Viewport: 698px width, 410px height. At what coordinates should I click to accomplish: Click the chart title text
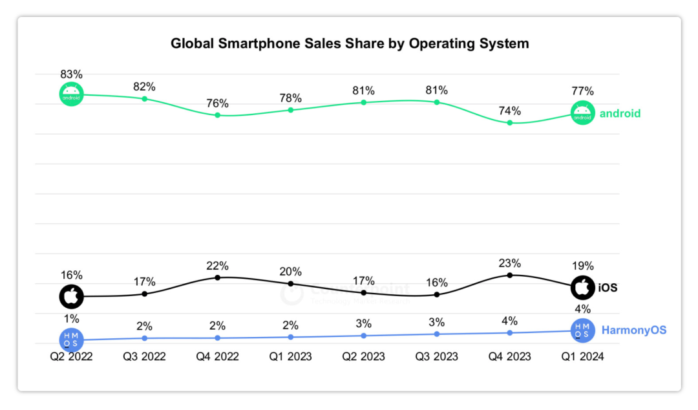350,43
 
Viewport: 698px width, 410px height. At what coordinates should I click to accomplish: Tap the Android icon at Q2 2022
72,94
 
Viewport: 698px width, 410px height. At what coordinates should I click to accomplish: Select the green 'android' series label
620,114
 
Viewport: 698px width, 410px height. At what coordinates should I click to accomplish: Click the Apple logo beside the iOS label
583,287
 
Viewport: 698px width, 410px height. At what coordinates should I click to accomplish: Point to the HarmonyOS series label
633,330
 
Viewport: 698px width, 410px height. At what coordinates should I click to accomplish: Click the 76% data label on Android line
218,103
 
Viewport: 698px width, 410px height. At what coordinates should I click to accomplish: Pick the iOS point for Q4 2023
510,275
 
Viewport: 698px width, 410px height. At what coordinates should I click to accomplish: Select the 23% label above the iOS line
510,263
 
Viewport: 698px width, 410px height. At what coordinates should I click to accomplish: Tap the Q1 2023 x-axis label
291,357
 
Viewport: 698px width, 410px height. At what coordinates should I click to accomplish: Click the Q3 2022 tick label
145,357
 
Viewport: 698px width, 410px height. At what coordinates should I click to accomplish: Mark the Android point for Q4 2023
510,122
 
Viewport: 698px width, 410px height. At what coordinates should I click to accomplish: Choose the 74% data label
510,111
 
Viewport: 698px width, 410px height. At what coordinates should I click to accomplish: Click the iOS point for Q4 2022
218,277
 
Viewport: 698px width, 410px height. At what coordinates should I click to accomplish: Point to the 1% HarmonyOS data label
72,318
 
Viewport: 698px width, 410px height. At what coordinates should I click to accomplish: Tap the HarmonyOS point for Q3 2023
437,334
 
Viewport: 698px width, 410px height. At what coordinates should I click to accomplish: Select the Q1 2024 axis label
583,357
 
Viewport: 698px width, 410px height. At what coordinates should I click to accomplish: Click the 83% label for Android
72,75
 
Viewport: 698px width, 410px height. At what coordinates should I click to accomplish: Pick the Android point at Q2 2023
364,102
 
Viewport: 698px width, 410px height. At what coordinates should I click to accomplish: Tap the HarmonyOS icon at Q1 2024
583,330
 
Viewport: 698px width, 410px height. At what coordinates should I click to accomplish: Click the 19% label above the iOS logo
583,266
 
